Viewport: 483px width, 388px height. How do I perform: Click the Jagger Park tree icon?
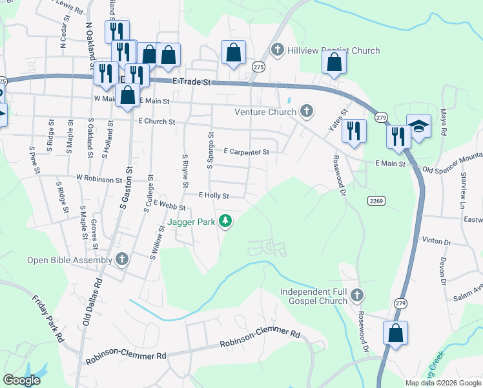(225, 222)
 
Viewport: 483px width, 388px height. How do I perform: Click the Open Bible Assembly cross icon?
(122, 261)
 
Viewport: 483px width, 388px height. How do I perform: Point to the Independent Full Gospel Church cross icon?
(357, 297)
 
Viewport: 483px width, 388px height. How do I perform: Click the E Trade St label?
(192, 82)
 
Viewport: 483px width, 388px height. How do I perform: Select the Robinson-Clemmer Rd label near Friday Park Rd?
(126, 356)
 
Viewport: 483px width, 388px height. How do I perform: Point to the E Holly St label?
(214, 195)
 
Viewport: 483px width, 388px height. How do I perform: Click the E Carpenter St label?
(246, 152)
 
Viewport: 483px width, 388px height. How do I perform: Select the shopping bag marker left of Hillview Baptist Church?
(233, 52)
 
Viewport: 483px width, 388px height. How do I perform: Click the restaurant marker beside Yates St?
(354, 131)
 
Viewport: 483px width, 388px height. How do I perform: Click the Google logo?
(22, 380)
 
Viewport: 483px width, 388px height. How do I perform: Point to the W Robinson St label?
(99, 178)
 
